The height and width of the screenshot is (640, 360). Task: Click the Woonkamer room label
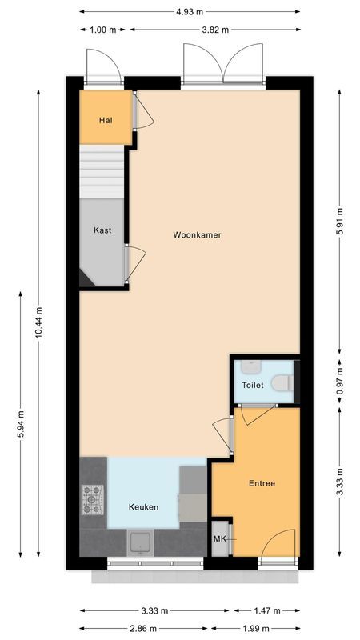point(197,235)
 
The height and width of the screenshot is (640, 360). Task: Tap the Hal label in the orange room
point(105,120)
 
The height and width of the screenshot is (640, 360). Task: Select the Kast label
point(102,230)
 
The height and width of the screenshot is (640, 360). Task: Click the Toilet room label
point(252,385)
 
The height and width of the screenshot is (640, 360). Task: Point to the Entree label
point(262,483)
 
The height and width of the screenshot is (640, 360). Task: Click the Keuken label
point(144,507)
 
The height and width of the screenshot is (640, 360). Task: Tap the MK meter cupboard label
point(219,540)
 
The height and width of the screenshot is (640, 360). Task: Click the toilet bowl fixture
point(281,384)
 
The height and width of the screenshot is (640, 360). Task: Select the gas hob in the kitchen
point(93,500)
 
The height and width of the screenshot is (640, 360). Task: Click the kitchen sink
point(141,542)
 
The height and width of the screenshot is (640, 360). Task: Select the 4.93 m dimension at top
point(191,12)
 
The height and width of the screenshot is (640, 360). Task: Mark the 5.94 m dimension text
point(20,428)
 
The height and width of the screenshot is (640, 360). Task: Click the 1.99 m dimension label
point(255,629)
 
